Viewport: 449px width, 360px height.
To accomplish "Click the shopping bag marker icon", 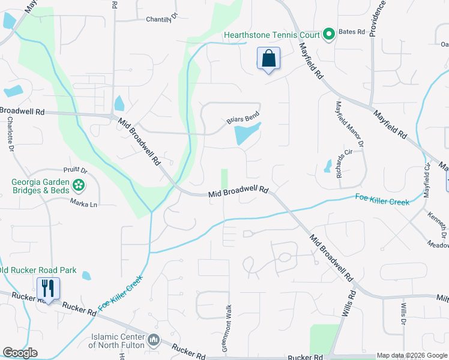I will pyautogui.click(x=269, y=59).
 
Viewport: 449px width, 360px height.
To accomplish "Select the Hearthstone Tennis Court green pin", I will pyautogui.click(x=328, y=35).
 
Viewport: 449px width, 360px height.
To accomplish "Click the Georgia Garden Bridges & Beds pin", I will pyautogui.click(x=78, y=184).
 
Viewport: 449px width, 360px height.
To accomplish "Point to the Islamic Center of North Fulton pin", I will pyautogui.click(x=154, y=340).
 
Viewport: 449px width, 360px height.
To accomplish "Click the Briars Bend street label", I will pyautogui.click(x=243, y=119).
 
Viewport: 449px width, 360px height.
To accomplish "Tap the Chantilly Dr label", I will pyautogui.click(x=162, y=19).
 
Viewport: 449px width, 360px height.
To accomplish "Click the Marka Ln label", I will pyautogui.click(x=83, y=203).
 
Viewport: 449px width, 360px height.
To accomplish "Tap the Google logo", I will pyautogui.click(x=20, y=353).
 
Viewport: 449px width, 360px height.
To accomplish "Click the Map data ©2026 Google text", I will pyautogui.click(x=412, y=355).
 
